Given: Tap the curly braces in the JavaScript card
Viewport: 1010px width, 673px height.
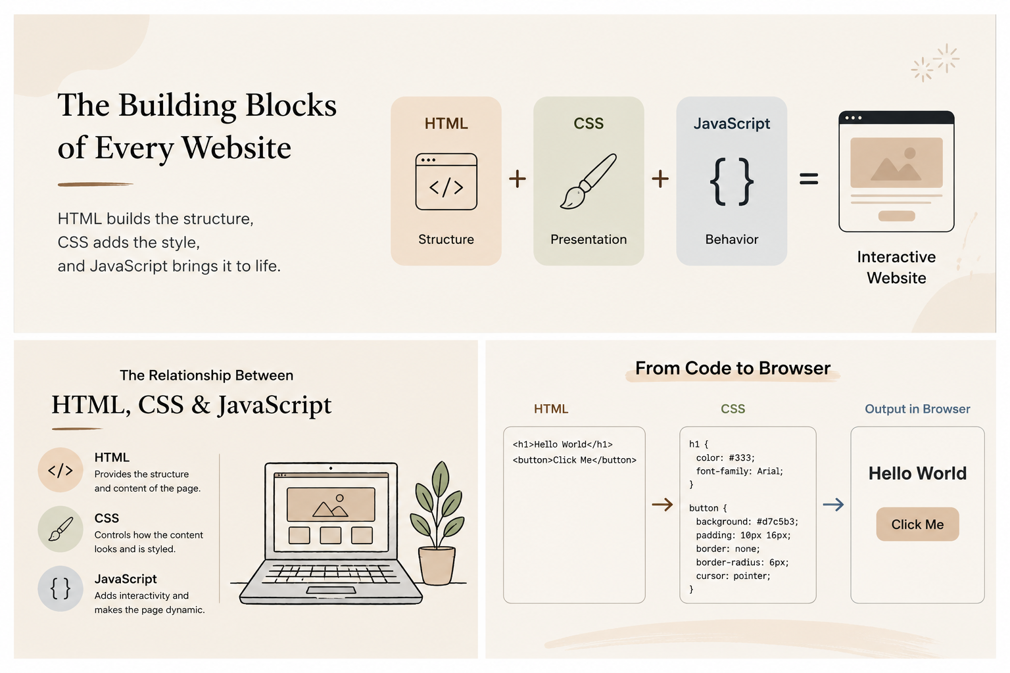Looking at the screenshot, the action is click(731, 181).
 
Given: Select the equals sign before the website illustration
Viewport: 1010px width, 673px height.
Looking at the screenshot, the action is click(808, 179).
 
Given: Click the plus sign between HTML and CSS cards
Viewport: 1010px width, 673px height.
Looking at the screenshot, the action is click(517, 179).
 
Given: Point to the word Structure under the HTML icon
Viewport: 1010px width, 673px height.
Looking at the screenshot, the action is click(446, 239).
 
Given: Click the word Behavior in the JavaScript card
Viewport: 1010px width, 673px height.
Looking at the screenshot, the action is click(731, 239).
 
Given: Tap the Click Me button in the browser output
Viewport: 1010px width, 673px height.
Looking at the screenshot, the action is click(917, 524).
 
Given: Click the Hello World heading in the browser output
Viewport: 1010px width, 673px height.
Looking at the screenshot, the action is click(917, 473).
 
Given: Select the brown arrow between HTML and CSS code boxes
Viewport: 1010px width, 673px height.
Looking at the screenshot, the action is click(662, 504).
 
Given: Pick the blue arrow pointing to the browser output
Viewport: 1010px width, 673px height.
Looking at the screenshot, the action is click(833, 504).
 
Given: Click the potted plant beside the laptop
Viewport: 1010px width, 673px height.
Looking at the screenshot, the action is click(437, 523).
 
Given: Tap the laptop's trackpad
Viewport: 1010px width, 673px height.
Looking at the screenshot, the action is click(331, 590).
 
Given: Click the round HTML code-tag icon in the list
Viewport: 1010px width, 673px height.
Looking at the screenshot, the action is click(60, 470).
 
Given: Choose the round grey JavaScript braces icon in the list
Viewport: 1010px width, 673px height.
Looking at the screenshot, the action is click(60, 588).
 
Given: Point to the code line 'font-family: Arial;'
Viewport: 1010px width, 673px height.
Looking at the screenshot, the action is click(740, 471).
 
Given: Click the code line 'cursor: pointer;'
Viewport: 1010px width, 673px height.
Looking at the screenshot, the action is click(733, 576).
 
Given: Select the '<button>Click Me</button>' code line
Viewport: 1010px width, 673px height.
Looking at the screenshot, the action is click(575, 460).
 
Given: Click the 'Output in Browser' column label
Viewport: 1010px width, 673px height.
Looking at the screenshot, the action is click(917, 409).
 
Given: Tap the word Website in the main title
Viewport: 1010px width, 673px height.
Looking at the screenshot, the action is click(236, 148).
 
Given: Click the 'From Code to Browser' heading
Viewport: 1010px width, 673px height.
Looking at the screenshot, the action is click(733, 368).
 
